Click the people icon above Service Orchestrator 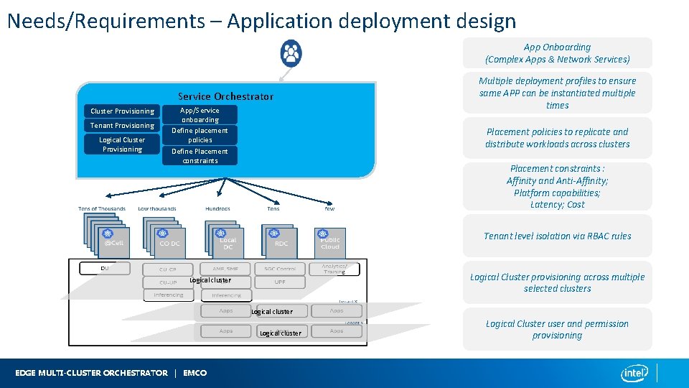tap(291, 52)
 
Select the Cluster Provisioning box tap(122, 111)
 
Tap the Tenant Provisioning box tap(122, 125)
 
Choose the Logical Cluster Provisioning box tap(122, 144)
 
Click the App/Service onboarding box tap(200, 115)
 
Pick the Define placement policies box tap(200, 135)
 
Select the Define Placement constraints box tap(200, 156)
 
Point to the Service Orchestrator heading tap(225, 96)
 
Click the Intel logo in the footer tap(634, 373)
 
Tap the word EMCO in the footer tap(195, 373)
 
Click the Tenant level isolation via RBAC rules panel tap(558, 236)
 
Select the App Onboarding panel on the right tap(558, 53)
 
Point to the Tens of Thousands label tap(102, 209)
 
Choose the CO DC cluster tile tap(169, 242)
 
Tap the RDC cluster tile tap(281, 242)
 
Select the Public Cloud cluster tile tap(330, 242)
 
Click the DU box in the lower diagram tap(104, 268)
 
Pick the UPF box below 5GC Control tap(279, 282)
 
